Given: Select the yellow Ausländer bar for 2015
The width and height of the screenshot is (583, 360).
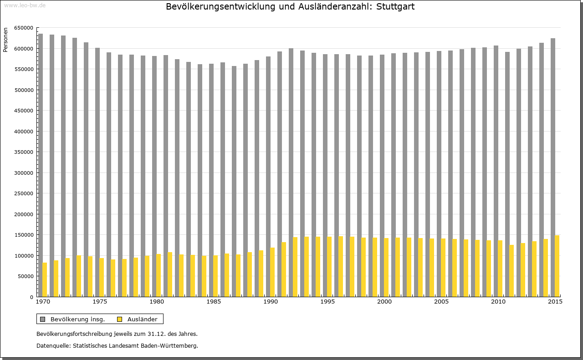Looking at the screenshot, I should click(557, 266).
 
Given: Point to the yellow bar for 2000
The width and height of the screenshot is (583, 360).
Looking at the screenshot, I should click(386, 267).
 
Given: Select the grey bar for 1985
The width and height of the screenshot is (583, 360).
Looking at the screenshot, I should click(211, 180).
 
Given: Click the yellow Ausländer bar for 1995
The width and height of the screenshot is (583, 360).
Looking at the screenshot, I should click(329, 267).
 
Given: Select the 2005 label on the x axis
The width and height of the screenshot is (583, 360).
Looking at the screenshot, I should click(441, 302).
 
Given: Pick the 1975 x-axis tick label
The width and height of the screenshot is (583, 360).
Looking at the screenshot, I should click(99, 302).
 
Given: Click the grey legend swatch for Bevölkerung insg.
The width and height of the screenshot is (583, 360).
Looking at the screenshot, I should click(42, 319).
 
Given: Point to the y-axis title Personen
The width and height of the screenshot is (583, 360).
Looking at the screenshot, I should click(5, 40).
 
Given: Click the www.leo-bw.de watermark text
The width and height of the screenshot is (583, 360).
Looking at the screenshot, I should click(24, 5).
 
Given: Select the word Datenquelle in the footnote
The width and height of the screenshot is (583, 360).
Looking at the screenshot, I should click(53, 346).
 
